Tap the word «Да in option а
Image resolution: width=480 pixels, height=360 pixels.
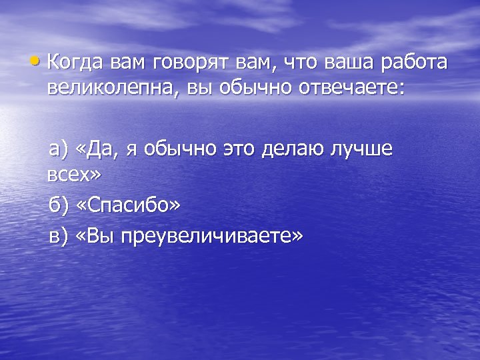pos(99,151)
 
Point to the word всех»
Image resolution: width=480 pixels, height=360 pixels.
pos(74,175)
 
